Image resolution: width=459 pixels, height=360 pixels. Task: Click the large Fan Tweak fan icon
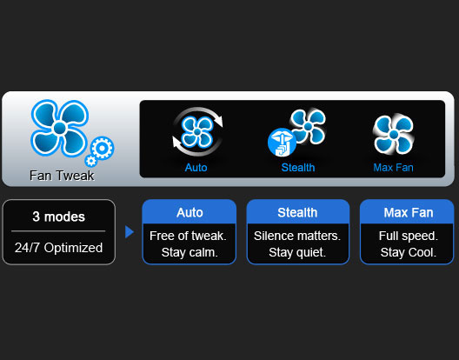pyautogui.click(x=60, y=128)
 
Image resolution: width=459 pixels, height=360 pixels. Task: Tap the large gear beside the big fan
pyautogui.click(x=103, y=148)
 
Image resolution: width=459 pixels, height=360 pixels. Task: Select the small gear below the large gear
pyautogui.click(x=90, y=161)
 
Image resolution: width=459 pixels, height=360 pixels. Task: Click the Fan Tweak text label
pyautogui.click(x=62, y=176)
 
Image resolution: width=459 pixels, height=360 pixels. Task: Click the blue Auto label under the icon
pyautogui.click(x=196, y=168)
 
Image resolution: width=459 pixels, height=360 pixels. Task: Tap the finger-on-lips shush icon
pyautogui.click(x=282, y=143)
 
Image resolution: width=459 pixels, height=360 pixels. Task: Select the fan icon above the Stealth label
pyautogui.click(x=308, y=126)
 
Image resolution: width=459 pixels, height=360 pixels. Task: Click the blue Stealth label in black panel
pyautogui.click(x=298, y=168)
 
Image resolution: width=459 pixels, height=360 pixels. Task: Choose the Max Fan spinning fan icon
pyautogui.click(x=394, y=135)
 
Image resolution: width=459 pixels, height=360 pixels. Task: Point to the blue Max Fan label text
pyautogui.click(x=394, y=168)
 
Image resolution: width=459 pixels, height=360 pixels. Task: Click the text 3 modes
pyautogui.click(x=58, y=217)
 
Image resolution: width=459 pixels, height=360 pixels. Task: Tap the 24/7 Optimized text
pyautogui.click(x=58, y=248)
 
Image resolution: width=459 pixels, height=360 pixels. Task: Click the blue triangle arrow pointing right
pyautogui.click(x=130, y=231)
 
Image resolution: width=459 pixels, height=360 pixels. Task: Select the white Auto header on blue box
pyautogui.click(x=190, y=213)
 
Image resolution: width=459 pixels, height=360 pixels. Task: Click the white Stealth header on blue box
pyautogui.click(x=297, y=213)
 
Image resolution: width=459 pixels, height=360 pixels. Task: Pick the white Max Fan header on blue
pyautogui.click(x=409, y=213)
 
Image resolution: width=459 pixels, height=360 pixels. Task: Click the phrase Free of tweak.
pyautogui.click(x=188, y=236)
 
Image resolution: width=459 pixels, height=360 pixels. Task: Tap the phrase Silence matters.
pyautogui.click(x=297, y=236)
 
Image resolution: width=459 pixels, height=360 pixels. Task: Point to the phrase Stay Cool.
pyautogui.click(x=409, y=252)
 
